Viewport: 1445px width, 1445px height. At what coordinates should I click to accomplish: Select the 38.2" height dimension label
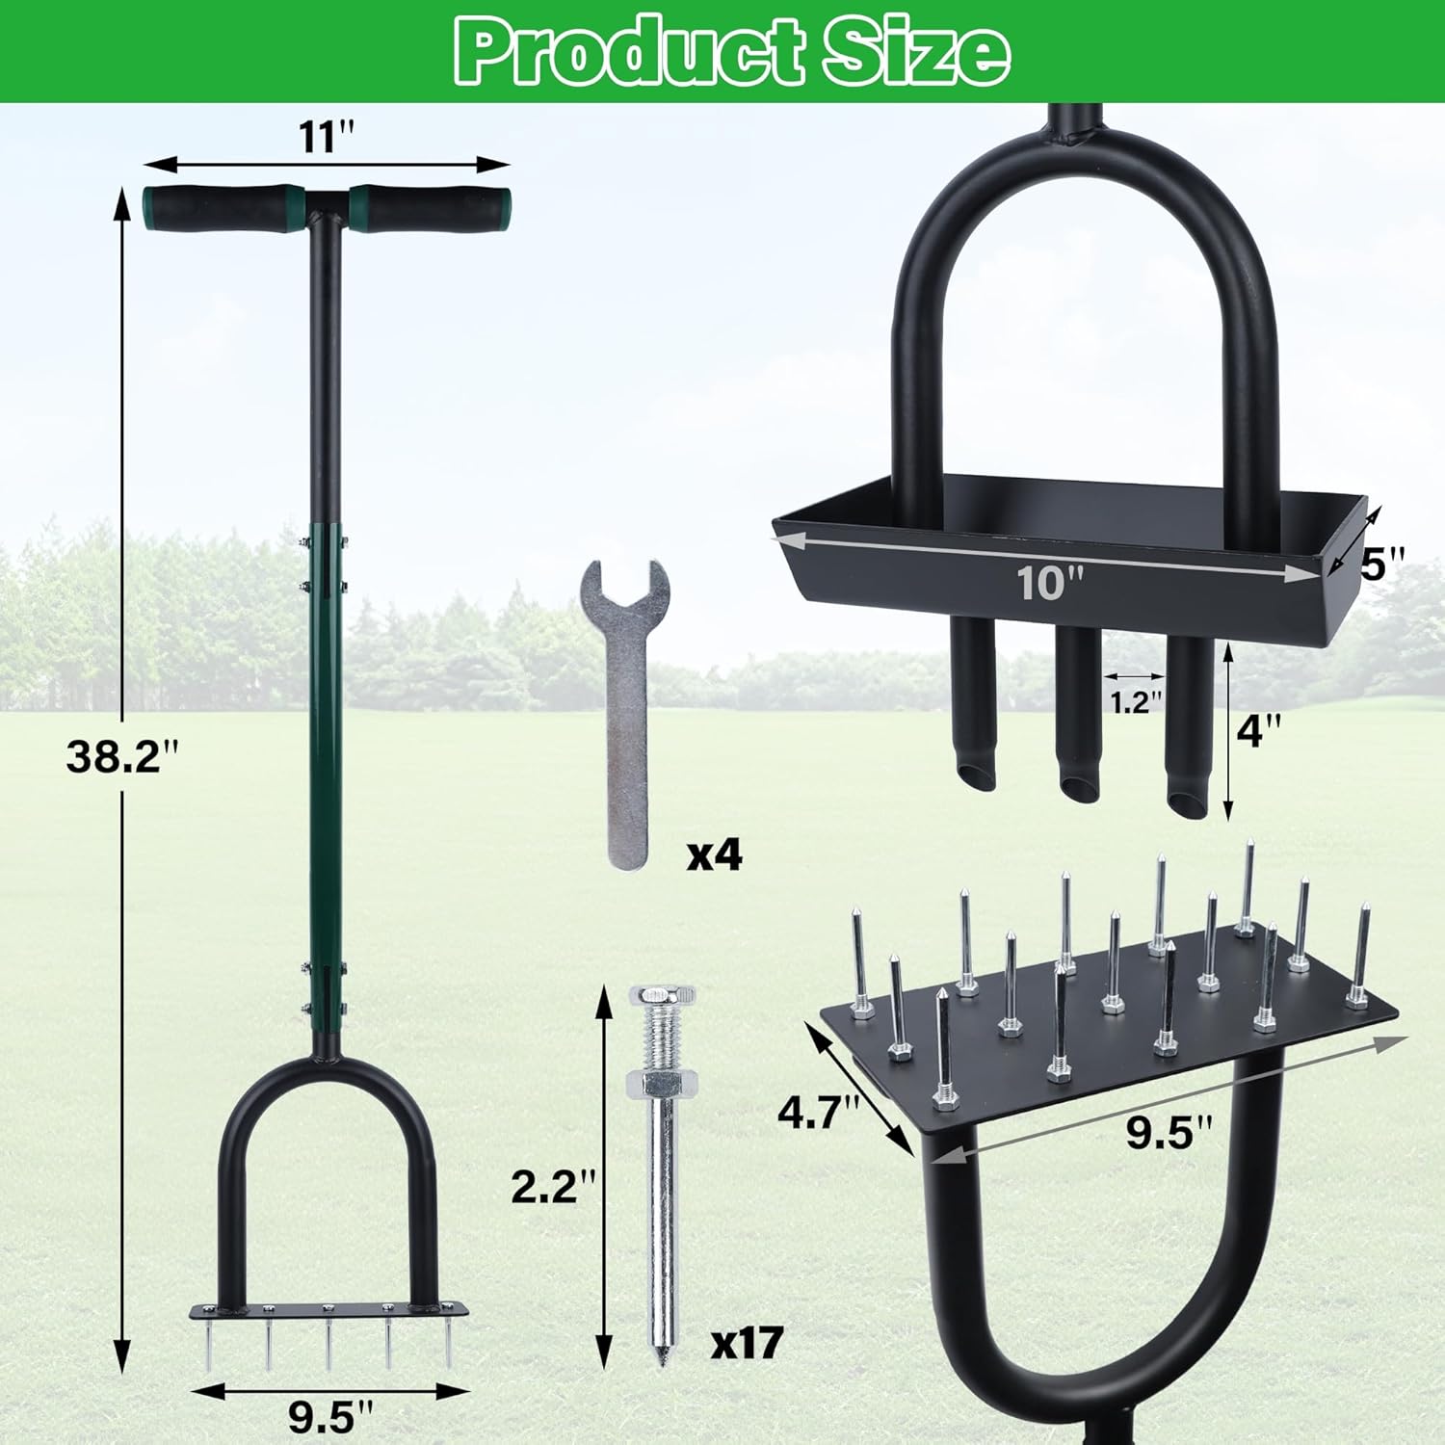pos(123,755)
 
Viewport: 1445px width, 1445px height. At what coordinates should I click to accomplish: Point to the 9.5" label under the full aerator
pos(328,1417)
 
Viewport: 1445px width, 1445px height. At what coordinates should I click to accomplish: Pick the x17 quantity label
pos(747,1342)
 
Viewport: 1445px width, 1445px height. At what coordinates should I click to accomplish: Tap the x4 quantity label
pos(714,854)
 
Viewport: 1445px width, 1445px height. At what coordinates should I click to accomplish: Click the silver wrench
pos(624,713)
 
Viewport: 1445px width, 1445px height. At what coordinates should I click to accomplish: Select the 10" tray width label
pos(1050,583)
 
